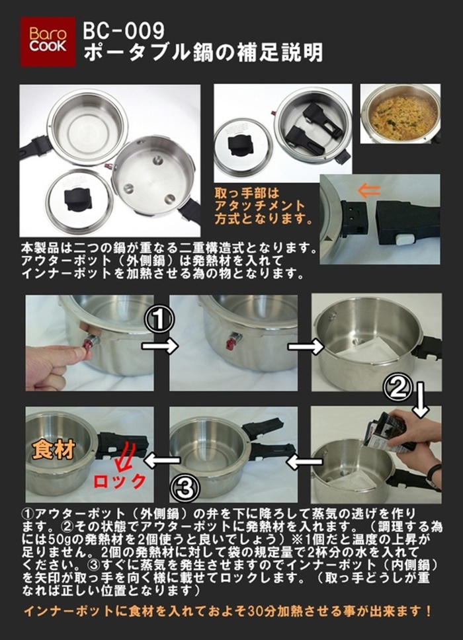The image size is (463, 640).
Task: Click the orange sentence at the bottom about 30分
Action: (228, 611)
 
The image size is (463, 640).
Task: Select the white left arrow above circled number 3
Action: (161, 460)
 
